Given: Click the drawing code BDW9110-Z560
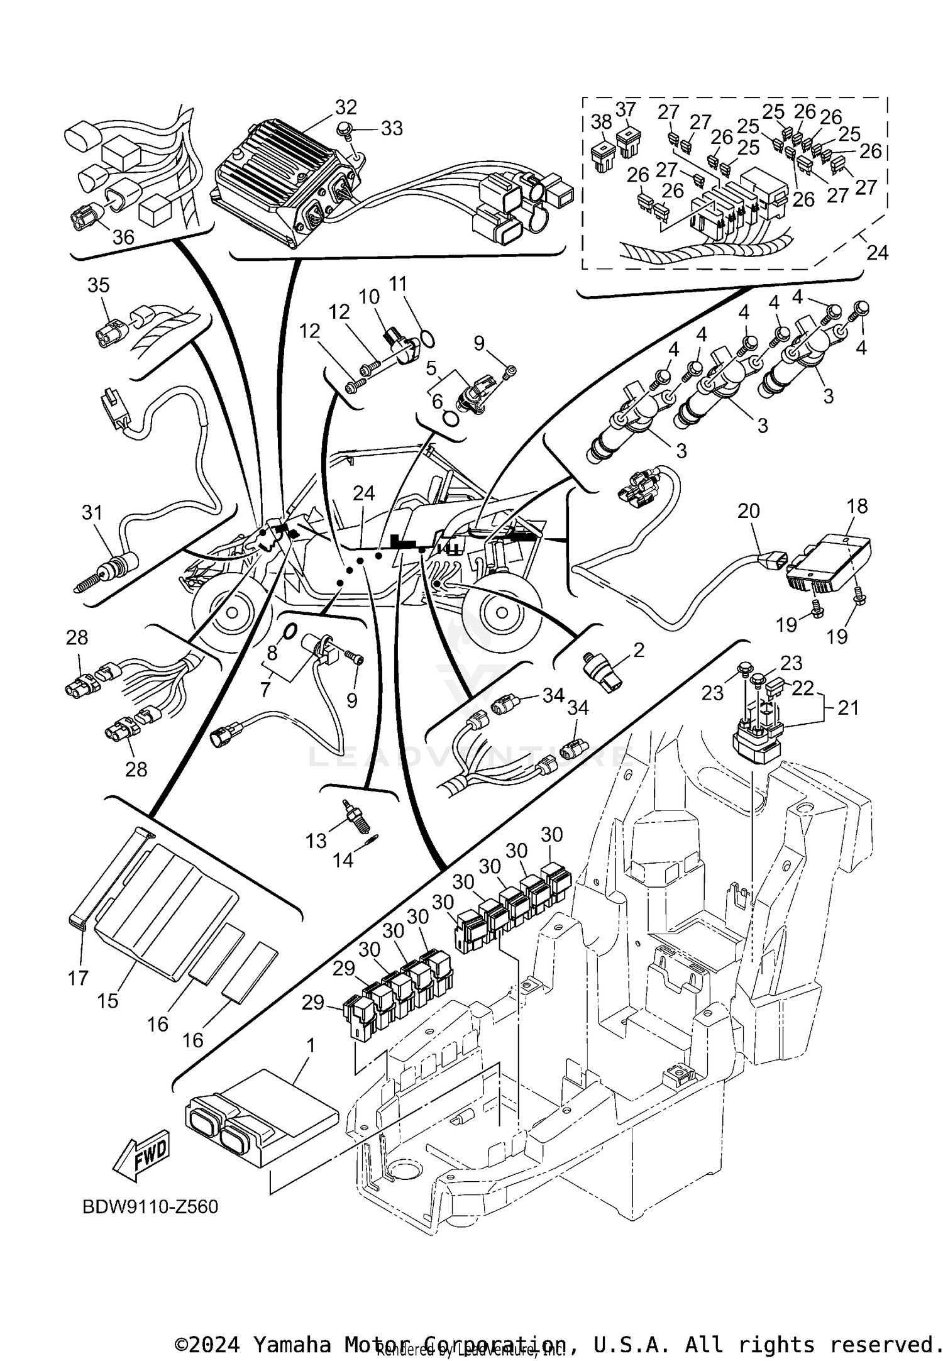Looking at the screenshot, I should pos(150,1207).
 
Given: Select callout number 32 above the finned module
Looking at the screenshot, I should pos(345,107).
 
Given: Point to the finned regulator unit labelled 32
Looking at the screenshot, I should pos(283,182).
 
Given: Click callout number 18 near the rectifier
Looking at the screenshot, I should pos(857,505).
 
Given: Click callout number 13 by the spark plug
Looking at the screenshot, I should pos(316,840).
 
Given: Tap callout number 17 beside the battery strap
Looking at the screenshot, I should pos(78,978).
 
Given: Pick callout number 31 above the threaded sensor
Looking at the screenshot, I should pos(92,512).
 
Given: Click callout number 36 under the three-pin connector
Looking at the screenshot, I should pos(123,237).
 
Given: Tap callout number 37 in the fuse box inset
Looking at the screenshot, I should pos(626,109).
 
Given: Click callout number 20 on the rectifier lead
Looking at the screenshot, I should pos(749,510).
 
